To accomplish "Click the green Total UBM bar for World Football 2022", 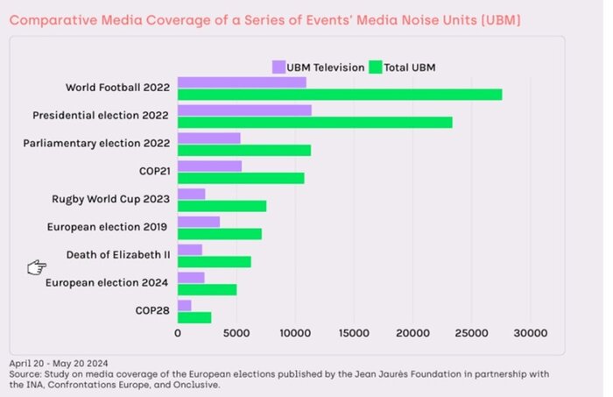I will coord(340,94).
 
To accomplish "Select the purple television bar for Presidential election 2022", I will coord(244,110).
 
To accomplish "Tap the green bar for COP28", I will coord(194,317).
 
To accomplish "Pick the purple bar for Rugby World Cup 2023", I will coord(192,194).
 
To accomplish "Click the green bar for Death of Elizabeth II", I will coord(215,261).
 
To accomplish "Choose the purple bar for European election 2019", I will coord(199,222).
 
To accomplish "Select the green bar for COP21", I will coord(241,178).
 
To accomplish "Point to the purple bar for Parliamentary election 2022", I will coord(209,138).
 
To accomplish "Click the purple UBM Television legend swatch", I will coord(279,67).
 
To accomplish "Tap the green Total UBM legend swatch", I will coord(377,67).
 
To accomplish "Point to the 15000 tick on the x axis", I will coord(353,333).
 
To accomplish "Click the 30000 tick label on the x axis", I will coord(530,333).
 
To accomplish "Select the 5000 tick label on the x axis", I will coord(236,333).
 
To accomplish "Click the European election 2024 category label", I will coord(108,283).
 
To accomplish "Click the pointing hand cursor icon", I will coord(36,267).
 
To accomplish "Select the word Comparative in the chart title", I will coord(48,19).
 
